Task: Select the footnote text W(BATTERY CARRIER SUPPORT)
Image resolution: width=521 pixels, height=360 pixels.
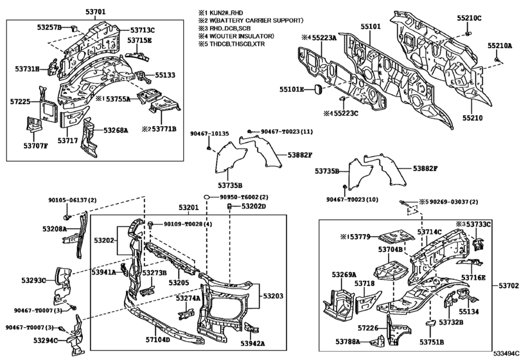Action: pyautogui.click(x=252, y=21)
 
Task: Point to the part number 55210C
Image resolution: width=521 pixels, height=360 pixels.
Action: pyautogui.click(x=468, y=17)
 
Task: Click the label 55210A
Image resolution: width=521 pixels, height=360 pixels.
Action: pyautogui.click(x=499, y=46)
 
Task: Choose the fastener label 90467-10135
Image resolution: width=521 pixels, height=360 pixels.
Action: pyautogui.click(x=209, y=134)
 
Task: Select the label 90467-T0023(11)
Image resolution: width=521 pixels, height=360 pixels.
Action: pyautogui.click(x=286, y=132)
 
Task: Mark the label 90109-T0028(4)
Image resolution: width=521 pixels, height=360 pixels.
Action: pyautogui.click(x=187, y=224)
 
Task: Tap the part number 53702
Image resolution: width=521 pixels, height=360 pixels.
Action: pyautogui.click(x=507, y=285)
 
